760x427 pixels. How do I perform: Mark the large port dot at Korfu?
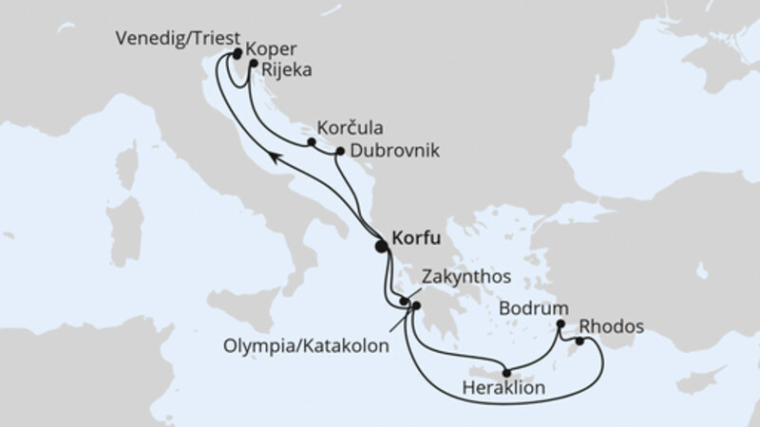coord(382,246)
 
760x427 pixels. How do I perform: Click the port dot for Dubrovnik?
coord(339,151)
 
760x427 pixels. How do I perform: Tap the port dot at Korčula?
coord(312,143)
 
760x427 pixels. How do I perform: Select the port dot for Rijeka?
coord(255,65)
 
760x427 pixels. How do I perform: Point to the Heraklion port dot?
coord(507,372)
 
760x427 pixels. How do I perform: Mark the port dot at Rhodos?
coord(579,341)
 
